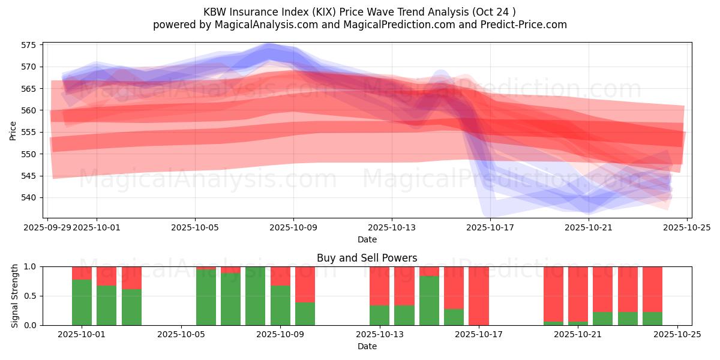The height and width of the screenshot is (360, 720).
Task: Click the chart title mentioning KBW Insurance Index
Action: pyautogui.click(x=359, y=12)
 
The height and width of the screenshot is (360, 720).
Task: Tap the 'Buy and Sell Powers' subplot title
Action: pyautogui.click(x=367, y=259)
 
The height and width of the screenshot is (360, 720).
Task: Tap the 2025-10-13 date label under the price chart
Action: pyautogui.click(x=392, y=227)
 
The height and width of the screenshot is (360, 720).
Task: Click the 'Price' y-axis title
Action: pyautogui.click(x=13, y=130)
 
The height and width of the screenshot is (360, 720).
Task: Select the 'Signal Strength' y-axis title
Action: pyautogui.click(x=15, y=296)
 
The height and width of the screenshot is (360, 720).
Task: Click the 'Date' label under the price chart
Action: pyautogui.click(x=367, y=239)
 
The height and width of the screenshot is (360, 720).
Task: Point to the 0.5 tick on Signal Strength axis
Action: pyautogui.click(x=31, y=296)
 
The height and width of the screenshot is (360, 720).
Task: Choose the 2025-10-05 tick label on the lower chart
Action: pyautogui.click(x=181, y=335)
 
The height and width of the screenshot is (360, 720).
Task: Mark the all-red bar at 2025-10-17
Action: pyautogui.click(x=478, y=296)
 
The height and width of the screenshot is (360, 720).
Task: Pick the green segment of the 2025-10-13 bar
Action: pyautogui.click(x=379, y=315)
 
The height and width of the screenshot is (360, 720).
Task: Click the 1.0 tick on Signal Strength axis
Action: pyautogui.click(x=31, y=266)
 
